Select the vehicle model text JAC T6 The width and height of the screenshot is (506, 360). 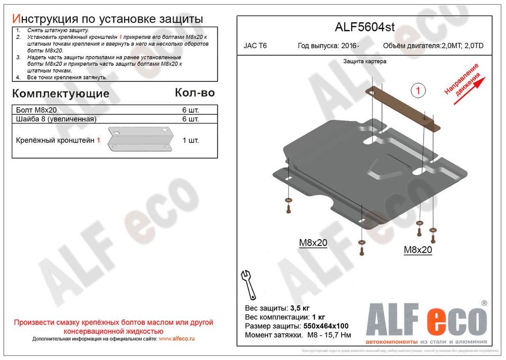pyautogui.click(x=256, y=46)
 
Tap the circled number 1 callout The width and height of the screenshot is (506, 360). pyautogui.click(x=418, y=91)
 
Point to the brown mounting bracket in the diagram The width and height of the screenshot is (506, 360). pyautogui.click(x=402, y=107)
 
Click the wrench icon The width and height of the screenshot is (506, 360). pyautogui.click(x=248, y=284)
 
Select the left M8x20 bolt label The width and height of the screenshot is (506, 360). pyautogui.click(x=313, y=243)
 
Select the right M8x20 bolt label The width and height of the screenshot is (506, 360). pyautogui.click(x=417, y=250)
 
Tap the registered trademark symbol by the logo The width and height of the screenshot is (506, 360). pyautogui.click(x=484, y=303)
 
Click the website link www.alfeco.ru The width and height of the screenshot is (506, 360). pyautogui.click(x=177, y=338)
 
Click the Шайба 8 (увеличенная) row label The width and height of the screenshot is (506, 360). pyautogui.click(x=56, y=119)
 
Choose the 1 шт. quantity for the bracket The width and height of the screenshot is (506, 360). pyautogui.click(x=190, y=140)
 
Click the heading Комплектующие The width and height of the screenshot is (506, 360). pyautogui.click(x=60, y=94)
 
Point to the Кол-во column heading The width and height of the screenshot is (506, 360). pyautogui.click(x=194, y=93)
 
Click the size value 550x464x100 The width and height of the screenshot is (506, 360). pyautogui.click(x=325, y=326)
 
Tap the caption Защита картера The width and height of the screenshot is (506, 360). pyautogui.click(x=364, y=61)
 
